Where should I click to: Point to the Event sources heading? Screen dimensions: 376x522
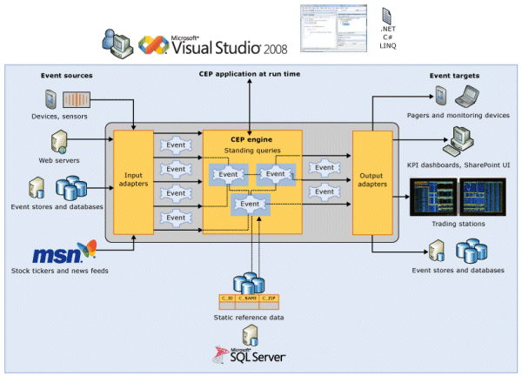pos(65,75)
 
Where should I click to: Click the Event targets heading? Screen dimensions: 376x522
pos(453,75)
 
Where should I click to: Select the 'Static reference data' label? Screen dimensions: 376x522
pos(249,318)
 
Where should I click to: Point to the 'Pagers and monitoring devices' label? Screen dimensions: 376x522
pos(458,115)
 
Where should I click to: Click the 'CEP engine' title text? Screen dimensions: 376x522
pos(252,138)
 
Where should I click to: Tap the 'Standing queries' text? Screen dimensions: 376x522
pos(252,151)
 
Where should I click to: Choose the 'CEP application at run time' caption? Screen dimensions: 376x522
pos(250,75)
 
